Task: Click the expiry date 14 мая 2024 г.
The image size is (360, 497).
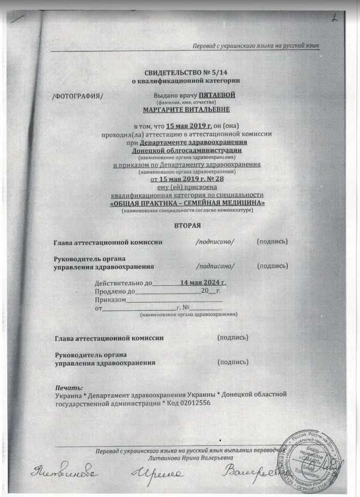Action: pyautogui.click(x=203, y=282)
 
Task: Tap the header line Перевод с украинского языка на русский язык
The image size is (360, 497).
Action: pyautogui.click(x=256, y=46)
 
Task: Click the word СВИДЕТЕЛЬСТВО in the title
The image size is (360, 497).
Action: pyautogui.click(x=174, y=72)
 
